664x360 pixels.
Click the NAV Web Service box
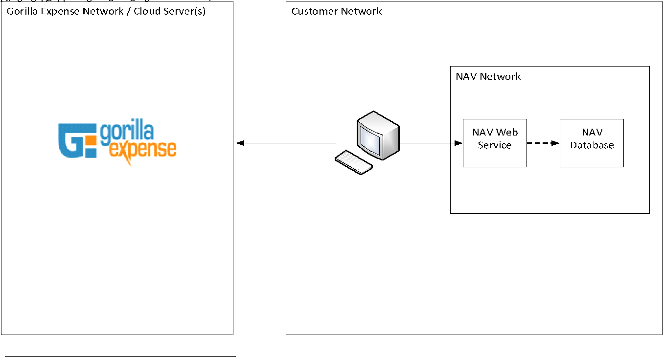(495, 143)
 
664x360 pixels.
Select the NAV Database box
(592, 143)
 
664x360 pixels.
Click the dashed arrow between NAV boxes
(543, 143)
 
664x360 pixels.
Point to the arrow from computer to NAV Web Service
(431, 143)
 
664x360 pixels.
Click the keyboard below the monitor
(354, 162)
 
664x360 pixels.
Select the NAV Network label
(488, 76)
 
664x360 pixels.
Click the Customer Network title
(337, 11)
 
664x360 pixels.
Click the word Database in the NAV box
(592, 145)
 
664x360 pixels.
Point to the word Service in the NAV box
(495, 145)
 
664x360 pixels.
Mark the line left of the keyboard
(311, 143)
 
